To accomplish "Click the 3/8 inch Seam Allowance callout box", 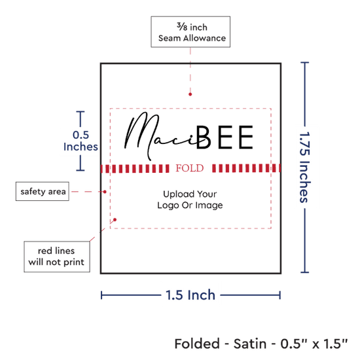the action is (190, 32).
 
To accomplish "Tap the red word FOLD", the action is (190, 168).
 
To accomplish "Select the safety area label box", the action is (43, 192).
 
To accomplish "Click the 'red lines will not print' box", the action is (57, 257).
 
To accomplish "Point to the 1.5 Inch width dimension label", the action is (190, 295).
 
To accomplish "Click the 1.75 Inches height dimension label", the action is (305, 167).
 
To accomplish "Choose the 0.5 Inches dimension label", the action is (81, 141).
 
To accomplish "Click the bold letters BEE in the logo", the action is (225, 137).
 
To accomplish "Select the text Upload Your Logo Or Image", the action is (190, 200).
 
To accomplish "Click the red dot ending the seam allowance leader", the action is (190, 94).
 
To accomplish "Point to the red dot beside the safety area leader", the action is (105, 192).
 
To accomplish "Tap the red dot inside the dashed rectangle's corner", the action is (115, 220).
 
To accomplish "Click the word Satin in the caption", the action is (250, 344).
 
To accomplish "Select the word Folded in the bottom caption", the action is (197, 344).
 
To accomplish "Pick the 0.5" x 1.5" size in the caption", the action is (314, 344).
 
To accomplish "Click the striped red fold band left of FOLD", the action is (135, 168).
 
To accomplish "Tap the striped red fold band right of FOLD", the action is (246, 168).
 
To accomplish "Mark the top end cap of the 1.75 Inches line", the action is (304, 62).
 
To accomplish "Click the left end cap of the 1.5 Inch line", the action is (101, 295).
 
